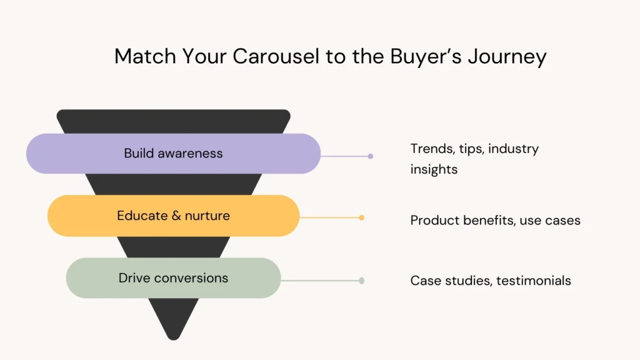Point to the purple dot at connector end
371,156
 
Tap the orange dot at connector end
362,217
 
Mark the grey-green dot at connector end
361,281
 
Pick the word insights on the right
434,169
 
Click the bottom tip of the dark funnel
173,337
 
